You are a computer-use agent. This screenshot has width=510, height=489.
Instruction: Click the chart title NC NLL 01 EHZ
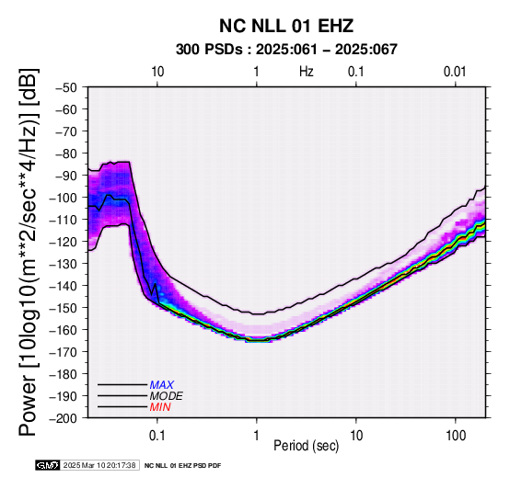click(x=286, y=26)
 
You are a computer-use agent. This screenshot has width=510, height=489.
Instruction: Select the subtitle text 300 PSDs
click(x=209, y=50)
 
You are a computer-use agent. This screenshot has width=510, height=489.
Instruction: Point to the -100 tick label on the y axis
click(x=64, y=198)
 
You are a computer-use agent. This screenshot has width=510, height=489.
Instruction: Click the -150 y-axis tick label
click(x=64, y=308)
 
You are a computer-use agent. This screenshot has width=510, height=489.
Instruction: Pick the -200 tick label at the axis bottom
click(x=64, y=417)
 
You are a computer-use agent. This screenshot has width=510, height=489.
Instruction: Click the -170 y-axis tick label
click(x=64, y=352)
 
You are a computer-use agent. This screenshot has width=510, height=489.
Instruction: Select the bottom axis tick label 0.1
click(x=157, y=436)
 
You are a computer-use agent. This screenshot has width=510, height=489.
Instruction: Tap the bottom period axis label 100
click(x=456, y=436)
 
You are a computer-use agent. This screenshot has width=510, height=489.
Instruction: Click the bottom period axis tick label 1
click(x=257, y=436)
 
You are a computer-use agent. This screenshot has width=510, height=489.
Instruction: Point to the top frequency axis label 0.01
click(x=455, y=72)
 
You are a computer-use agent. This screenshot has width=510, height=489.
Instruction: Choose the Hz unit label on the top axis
click(x=307, y=72)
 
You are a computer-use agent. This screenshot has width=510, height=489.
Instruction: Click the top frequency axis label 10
click(x=157, y=72)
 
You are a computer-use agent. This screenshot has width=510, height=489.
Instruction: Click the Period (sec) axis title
click(x=306, y=446)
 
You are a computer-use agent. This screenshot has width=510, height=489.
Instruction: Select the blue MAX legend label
click(x=162, y=385)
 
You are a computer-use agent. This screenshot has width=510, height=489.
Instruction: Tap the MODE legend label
click(x=167, y=396)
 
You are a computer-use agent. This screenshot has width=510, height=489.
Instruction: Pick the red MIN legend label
click(x=160, y=407)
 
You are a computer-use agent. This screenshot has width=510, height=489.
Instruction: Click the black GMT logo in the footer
click(x=48, y=465)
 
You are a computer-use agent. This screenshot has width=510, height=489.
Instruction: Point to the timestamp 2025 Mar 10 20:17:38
click(x=99, y=465)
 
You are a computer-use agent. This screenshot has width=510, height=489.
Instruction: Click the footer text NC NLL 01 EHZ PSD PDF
click(x=183, y=466)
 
